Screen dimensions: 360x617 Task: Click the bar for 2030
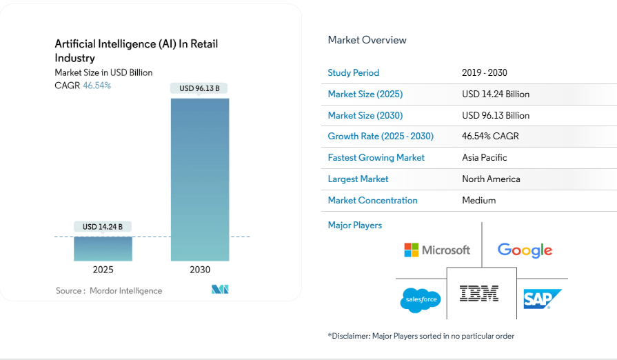pos(200,179)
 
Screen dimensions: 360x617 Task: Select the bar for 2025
pos(103,249)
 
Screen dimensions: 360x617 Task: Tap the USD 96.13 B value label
pos(199,88)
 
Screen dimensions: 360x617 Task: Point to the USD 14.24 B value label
pos(103,226)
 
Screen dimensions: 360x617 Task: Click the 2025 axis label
pos(103,270)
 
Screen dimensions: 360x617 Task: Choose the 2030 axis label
pos(200,270)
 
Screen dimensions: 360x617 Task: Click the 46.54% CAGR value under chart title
pos(97,86)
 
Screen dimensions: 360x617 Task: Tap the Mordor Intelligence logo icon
pos(220,290)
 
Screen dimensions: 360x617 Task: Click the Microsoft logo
pos(437,250)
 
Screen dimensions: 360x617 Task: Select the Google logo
pos(525,250)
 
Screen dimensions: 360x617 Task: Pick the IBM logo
pos(479,294)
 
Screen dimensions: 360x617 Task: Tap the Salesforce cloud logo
pos(420,300)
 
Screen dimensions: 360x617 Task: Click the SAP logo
pos(542,299)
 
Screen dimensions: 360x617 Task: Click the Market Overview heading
pos(367,40)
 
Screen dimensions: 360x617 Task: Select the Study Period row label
pos(353,72)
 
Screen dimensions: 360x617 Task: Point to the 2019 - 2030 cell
pos(485,72)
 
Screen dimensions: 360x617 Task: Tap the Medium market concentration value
pos(478,200)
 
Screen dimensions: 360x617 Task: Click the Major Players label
pos(354,225)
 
